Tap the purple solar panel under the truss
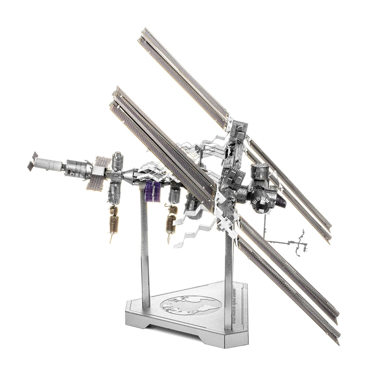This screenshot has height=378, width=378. (x=152, y=192)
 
